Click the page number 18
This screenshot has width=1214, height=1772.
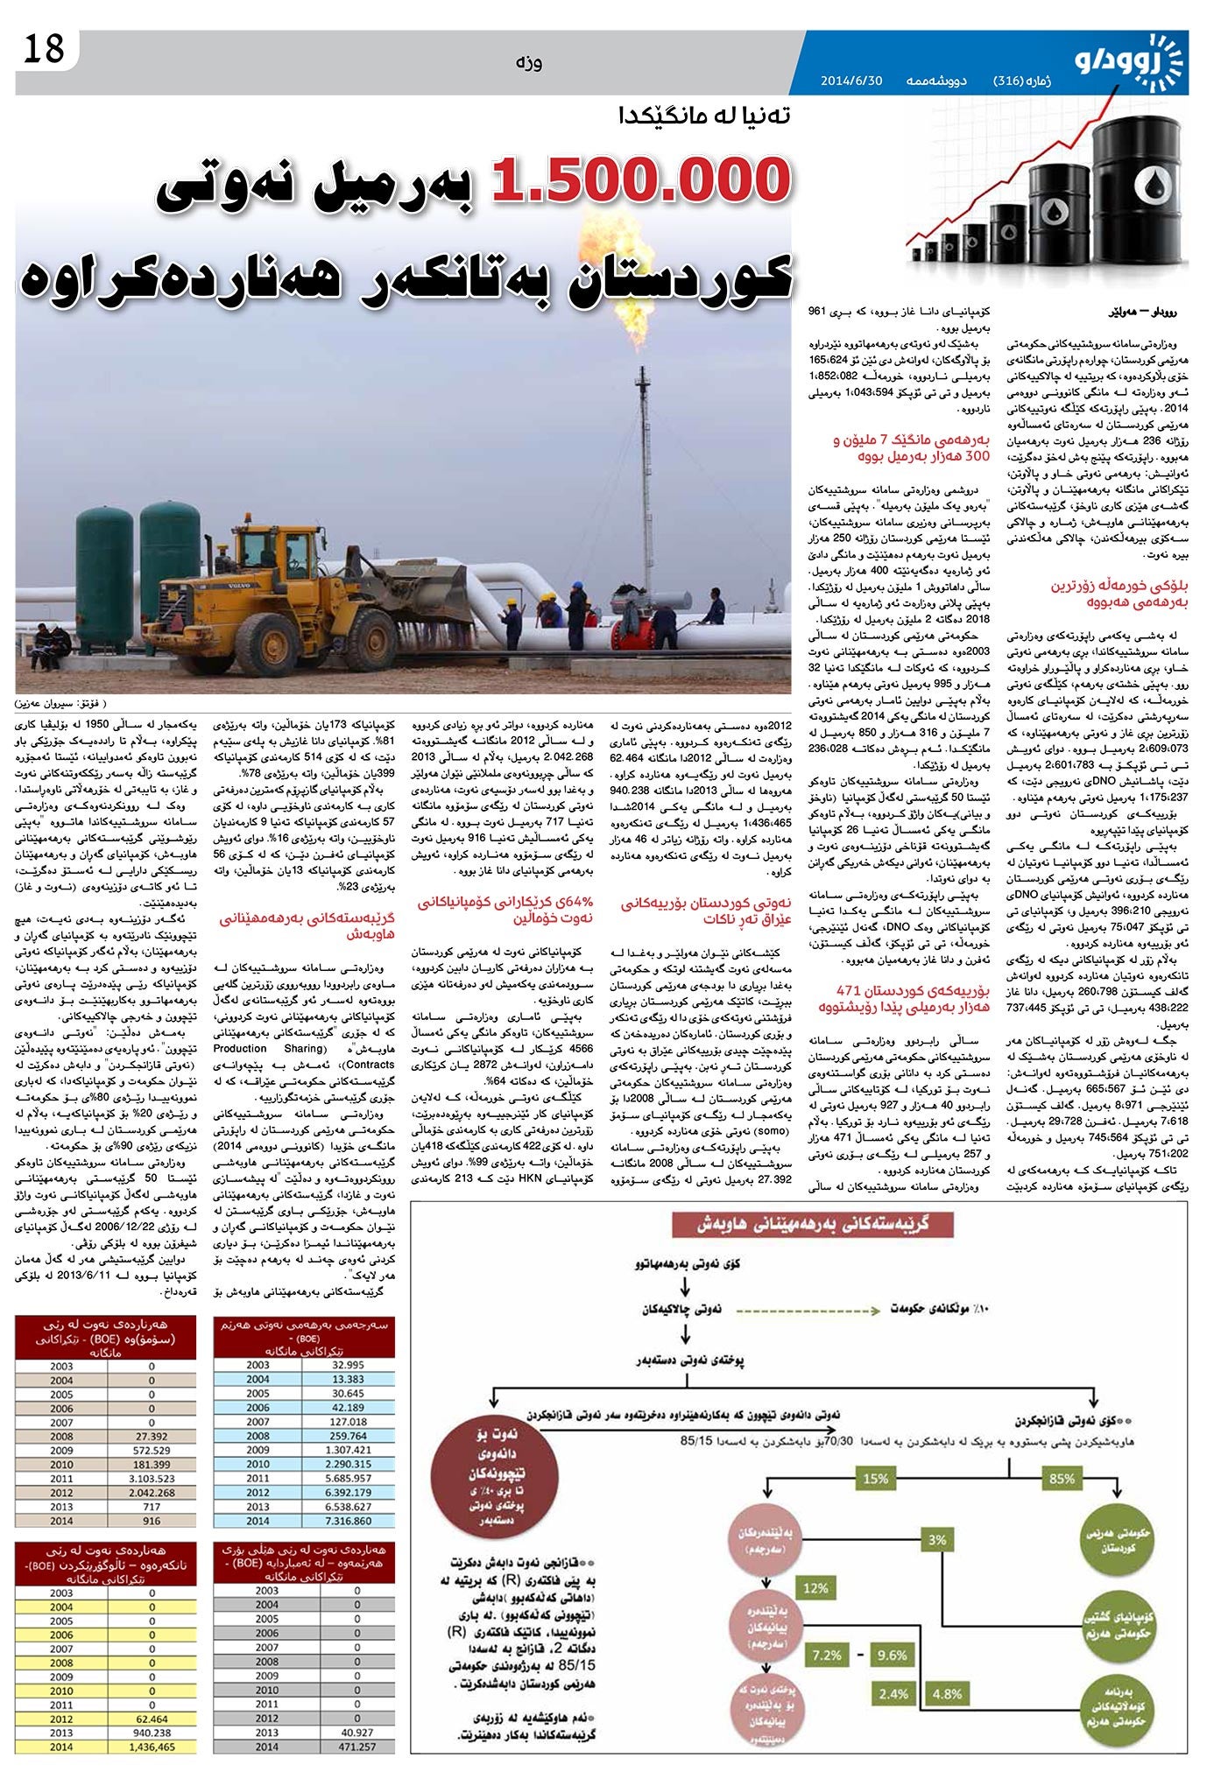43,48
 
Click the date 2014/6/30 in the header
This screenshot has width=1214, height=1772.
851,81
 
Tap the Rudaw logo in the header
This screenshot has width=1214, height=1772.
1129,60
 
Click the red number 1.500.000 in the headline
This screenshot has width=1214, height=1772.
639,180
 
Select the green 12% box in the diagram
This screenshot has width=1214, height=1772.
815,1588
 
